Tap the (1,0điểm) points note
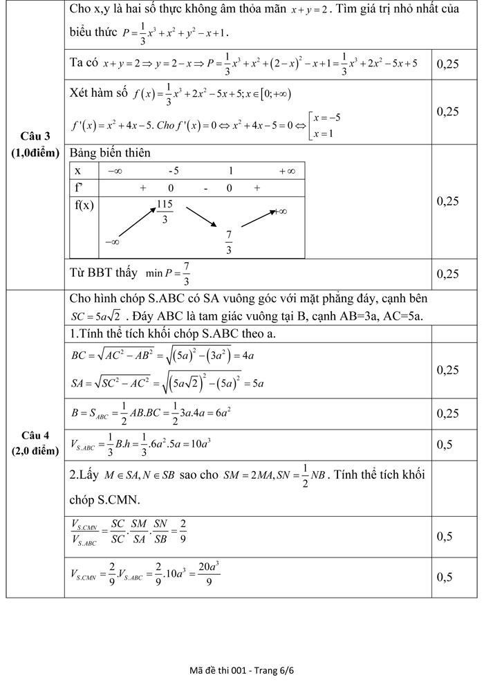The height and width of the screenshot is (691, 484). pos(35,153)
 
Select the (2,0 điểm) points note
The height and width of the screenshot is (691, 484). pos(35,451)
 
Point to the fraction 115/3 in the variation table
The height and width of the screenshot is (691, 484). pos(165,212)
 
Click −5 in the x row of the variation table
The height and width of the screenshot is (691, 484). pos(174,171)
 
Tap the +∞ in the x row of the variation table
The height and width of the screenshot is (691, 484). pos(287,171)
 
